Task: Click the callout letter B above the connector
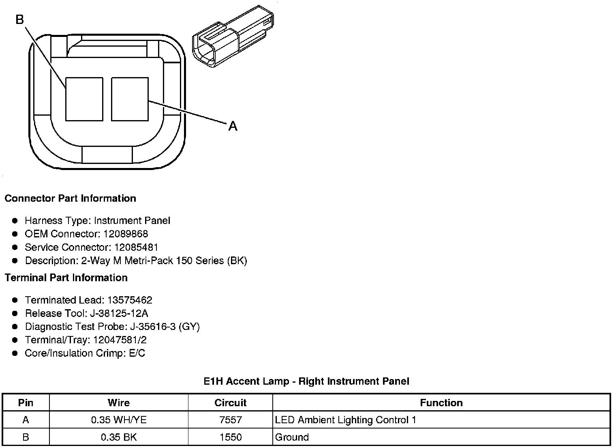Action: coord(20,19)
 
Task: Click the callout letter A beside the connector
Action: coord(233,127)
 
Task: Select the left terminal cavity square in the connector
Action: coord(84,99)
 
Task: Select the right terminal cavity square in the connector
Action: coord(130,99)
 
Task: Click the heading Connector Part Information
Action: coord(70,198)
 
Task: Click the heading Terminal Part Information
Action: coord(66,278)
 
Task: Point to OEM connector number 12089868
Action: coord(126,234)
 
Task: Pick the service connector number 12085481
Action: coord(136,247)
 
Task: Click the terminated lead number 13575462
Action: coord(130,300)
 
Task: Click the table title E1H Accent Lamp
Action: coord(306,381)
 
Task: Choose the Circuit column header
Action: coord(230,403)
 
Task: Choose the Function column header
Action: coord(441,403)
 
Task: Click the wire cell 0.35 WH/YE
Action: coord(119,420)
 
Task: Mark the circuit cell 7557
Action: coord(230,420)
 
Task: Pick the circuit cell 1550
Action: coord(230,437)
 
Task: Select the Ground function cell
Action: coord(292,437)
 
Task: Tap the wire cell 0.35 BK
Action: coord(119,437)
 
